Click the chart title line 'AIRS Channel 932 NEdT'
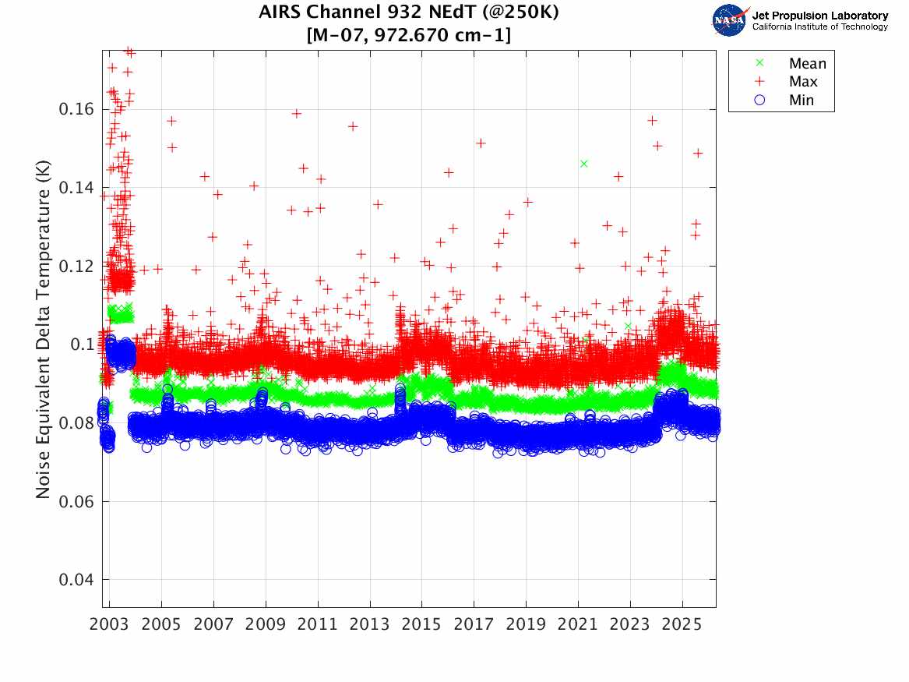[409, 13]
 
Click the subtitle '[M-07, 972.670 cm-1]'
[409, 35]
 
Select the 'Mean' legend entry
[807, 64]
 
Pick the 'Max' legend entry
[803, 82]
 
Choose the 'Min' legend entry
[802, 100]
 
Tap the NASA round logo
[730, 20]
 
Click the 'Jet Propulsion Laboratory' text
[819, 16]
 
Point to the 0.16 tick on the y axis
[76, 109]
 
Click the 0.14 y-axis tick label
[76, 188]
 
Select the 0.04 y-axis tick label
[76, 580]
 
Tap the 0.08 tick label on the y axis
[76, 423]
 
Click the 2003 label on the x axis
[110, 625]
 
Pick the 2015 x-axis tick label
[422, 625]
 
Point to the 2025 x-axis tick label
[682, 625]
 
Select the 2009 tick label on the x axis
[266, 625]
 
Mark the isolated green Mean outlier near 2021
[583, 164]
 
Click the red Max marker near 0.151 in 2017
[481, 143]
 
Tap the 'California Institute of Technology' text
[819, 27]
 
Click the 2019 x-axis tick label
[526, 625]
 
